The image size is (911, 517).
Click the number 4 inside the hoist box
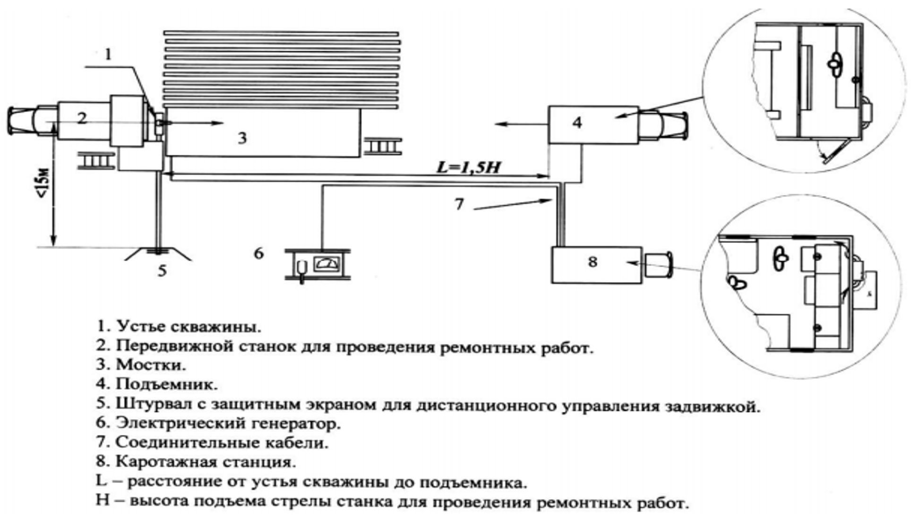(x=577, y=123)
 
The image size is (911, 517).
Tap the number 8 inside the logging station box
(x=593, y=262)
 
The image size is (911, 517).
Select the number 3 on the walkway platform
(x=241, y=138)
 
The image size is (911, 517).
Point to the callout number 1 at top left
(x=108, y=54)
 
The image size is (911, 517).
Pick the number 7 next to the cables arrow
(x=459, y=204)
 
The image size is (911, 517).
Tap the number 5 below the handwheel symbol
(x=162, y=271)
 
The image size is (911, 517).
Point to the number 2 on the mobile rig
(x=82, y=118)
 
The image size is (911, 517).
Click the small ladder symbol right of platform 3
(x=383, y=146)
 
